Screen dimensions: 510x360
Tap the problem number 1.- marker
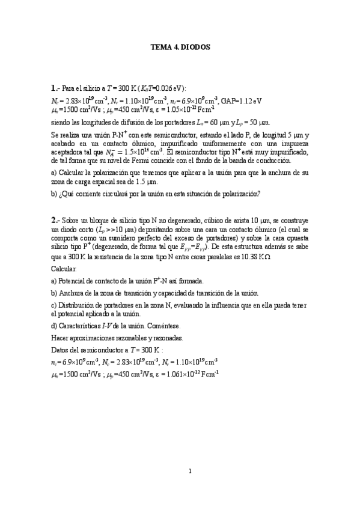(x=55, y=87)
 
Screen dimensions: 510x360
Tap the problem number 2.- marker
(x=55, y=220)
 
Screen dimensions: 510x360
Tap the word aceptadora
(x=68, y=152)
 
